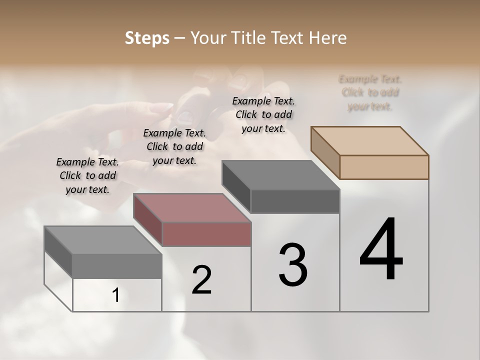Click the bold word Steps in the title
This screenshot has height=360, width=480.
point(147,38)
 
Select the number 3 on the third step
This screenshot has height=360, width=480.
point(293,265)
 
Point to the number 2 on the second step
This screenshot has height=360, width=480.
point(202,280)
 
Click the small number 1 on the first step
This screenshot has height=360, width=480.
point(116,295)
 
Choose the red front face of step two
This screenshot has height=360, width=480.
point(206,234)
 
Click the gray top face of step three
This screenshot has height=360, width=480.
point(280,175)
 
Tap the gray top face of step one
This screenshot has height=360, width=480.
point(103,240)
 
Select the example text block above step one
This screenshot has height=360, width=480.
point(87,175)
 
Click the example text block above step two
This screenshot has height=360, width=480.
point(174,146)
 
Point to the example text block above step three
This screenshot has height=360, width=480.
point(263,114)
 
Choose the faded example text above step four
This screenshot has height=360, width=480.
point(370,92)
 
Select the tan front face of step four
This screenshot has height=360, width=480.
point(384,167)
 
